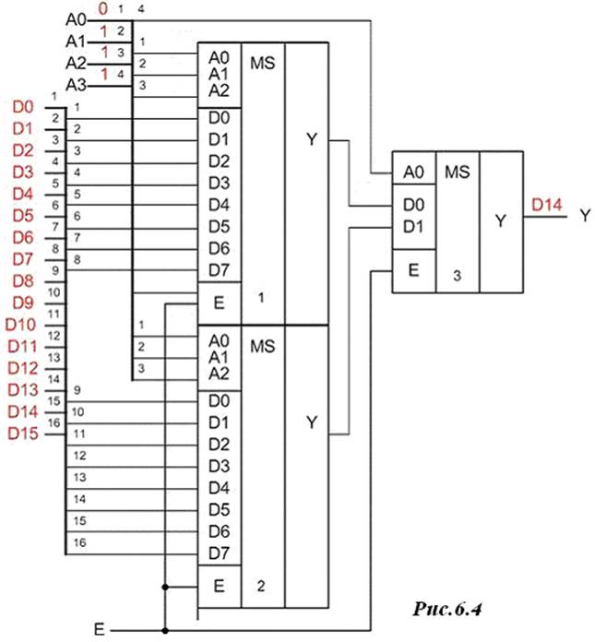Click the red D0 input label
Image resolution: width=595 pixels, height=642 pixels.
[22, 107]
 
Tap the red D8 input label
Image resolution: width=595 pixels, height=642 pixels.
[22, 280]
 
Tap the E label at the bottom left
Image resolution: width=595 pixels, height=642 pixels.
[99, 629]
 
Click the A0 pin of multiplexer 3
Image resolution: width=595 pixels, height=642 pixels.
[412, 172]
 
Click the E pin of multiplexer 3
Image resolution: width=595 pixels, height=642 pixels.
[412, 270]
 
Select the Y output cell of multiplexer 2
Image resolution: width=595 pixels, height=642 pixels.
[310, 422]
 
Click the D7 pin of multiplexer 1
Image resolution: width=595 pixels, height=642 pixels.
[219, 269]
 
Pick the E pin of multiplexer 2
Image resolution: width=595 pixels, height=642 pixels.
[219, 585]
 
